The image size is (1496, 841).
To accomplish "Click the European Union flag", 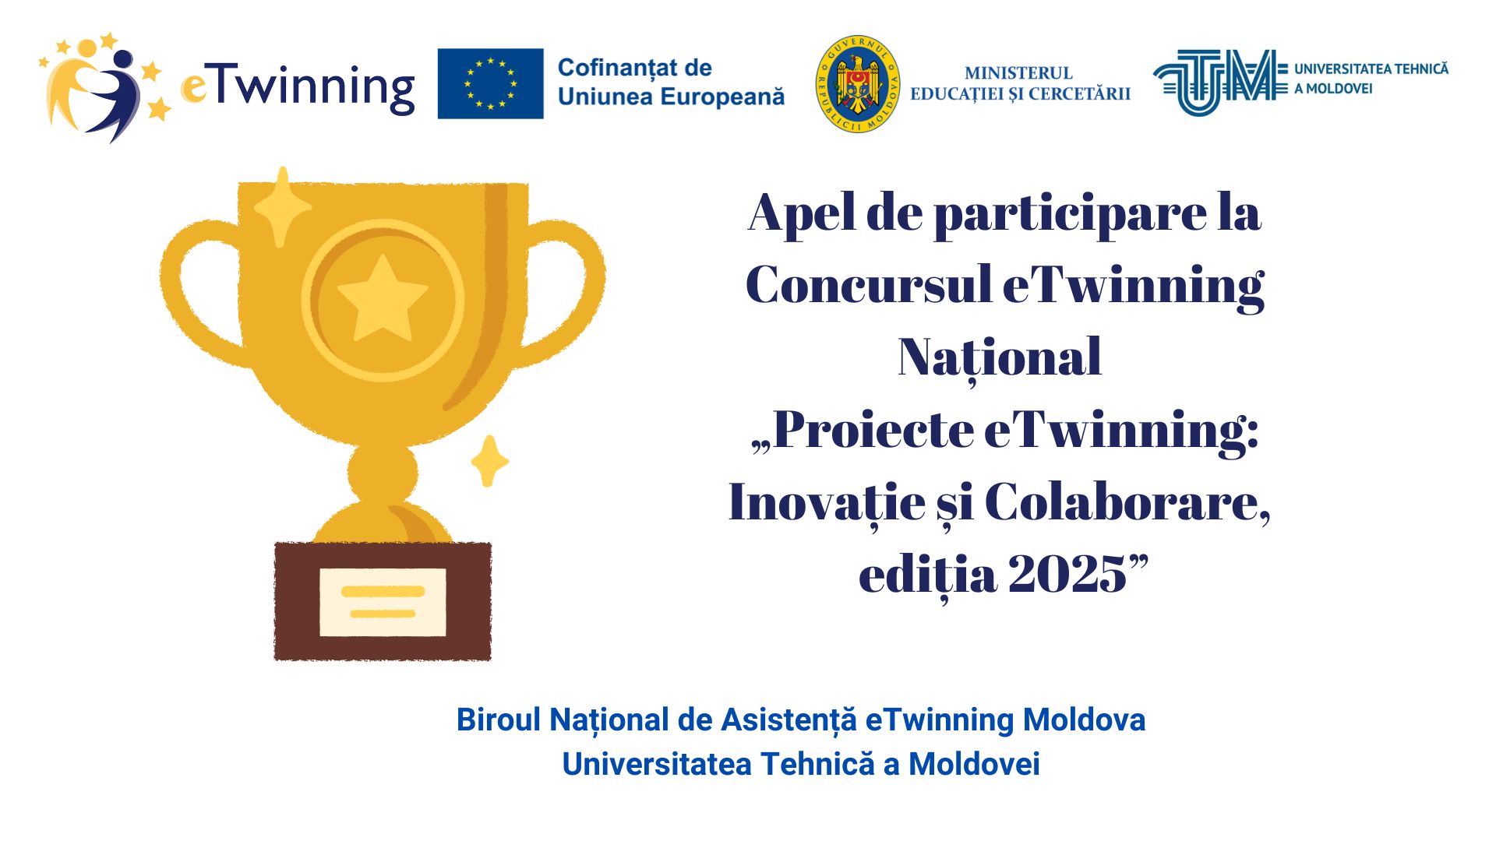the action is [x=490, y=83].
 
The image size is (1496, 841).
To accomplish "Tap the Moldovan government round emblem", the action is [x=858, y=83].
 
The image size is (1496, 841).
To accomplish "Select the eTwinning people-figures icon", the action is [x=104, y=86].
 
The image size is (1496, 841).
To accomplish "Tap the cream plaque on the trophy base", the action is [x=383, y=602].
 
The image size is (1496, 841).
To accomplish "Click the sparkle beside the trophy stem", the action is [x=489, y=461].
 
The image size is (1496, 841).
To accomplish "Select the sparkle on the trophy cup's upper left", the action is [x=282, y=206].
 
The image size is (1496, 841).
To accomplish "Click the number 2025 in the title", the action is [x=1067, y=575].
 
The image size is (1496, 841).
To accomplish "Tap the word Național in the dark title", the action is [x=1000, y=358].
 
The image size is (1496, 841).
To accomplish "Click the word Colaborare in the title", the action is [x=1127, y=502].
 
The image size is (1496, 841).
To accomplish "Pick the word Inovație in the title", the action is [x=827, y=503].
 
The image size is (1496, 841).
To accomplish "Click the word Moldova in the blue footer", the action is [x=1084, y=720].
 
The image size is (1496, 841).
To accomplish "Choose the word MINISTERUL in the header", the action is [x=1018, y=73].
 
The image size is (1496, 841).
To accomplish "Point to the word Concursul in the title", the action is [x=867, y=284].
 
